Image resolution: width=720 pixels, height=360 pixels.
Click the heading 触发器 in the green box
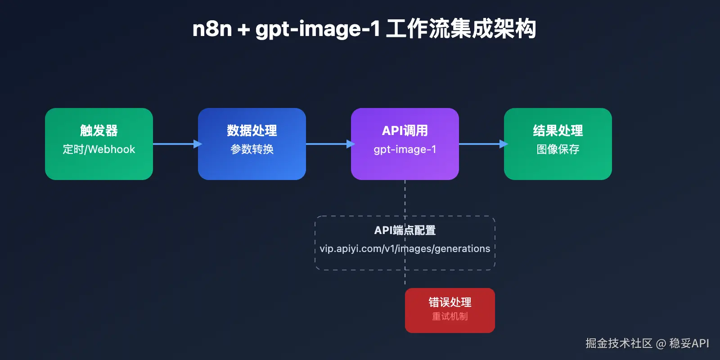click(99, 130)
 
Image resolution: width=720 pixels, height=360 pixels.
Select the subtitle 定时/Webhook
click(99, 149)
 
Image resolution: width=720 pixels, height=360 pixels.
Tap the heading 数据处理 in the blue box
click(252, 130)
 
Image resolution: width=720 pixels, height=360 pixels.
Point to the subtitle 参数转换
click(252, 149)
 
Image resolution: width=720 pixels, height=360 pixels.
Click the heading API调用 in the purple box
click(405, 130)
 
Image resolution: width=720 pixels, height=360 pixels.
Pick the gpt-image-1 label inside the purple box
click(405, 149)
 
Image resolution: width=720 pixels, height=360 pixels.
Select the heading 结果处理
click(558, 130)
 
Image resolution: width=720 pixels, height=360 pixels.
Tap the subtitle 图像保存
click(558, 149)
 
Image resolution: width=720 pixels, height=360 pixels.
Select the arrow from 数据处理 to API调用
click(328, 144)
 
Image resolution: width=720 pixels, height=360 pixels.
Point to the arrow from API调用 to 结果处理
click(481, 144)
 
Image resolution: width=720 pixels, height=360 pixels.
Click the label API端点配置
click(405, 230)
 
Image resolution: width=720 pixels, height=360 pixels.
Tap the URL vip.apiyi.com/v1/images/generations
click(405, 249)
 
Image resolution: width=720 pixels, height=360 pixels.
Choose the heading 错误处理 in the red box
click(450, 302)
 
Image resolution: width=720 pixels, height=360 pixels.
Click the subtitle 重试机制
click(450, 316)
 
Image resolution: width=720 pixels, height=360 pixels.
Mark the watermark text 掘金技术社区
click(619, 343)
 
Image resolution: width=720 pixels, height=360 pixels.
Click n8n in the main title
click(212, 29)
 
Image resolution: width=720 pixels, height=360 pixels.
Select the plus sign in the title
click(243, 30)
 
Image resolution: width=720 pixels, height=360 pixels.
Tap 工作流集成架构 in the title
click(461, 29)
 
